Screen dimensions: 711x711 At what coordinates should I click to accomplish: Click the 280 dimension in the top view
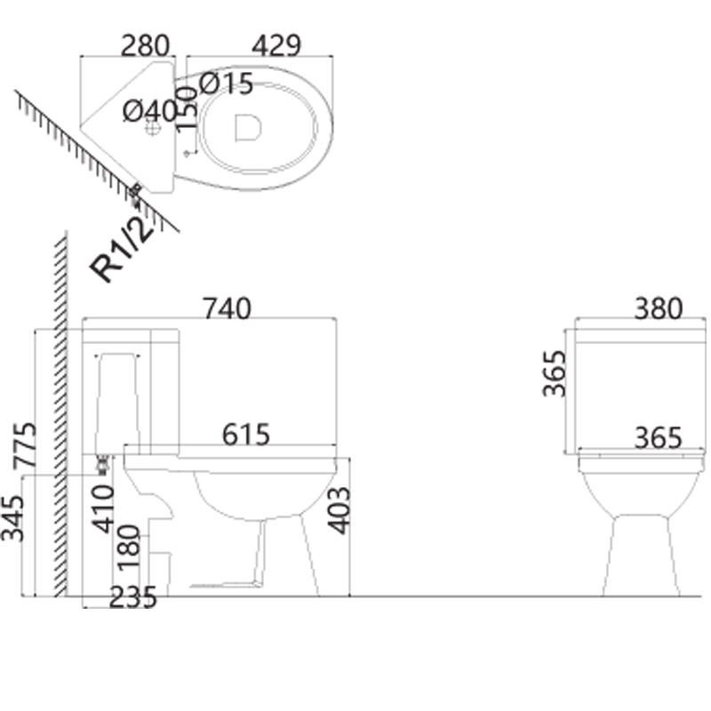click(145, 45)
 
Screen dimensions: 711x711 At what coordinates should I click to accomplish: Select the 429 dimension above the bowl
click(276, 45)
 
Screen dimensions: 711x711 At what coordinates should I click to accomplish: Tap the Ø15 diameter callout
click(226, 84)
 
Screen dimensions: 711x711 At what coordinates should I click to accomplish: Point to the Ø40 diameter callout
click(150, 110)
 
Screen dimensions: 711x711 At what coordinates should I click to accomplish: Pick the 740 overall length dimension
click(227, 308)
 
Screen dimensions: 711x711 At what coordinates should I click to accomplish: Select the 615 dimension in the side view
click(246, 434)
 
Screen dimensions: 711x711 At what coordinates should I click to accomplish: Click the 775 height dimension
click(25, 445)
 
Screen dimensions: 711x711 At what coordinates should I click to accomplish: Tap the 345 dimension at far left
click(12, 518)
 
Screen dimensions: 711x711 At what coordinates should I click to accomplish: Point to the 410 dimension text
click(103, 508)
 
